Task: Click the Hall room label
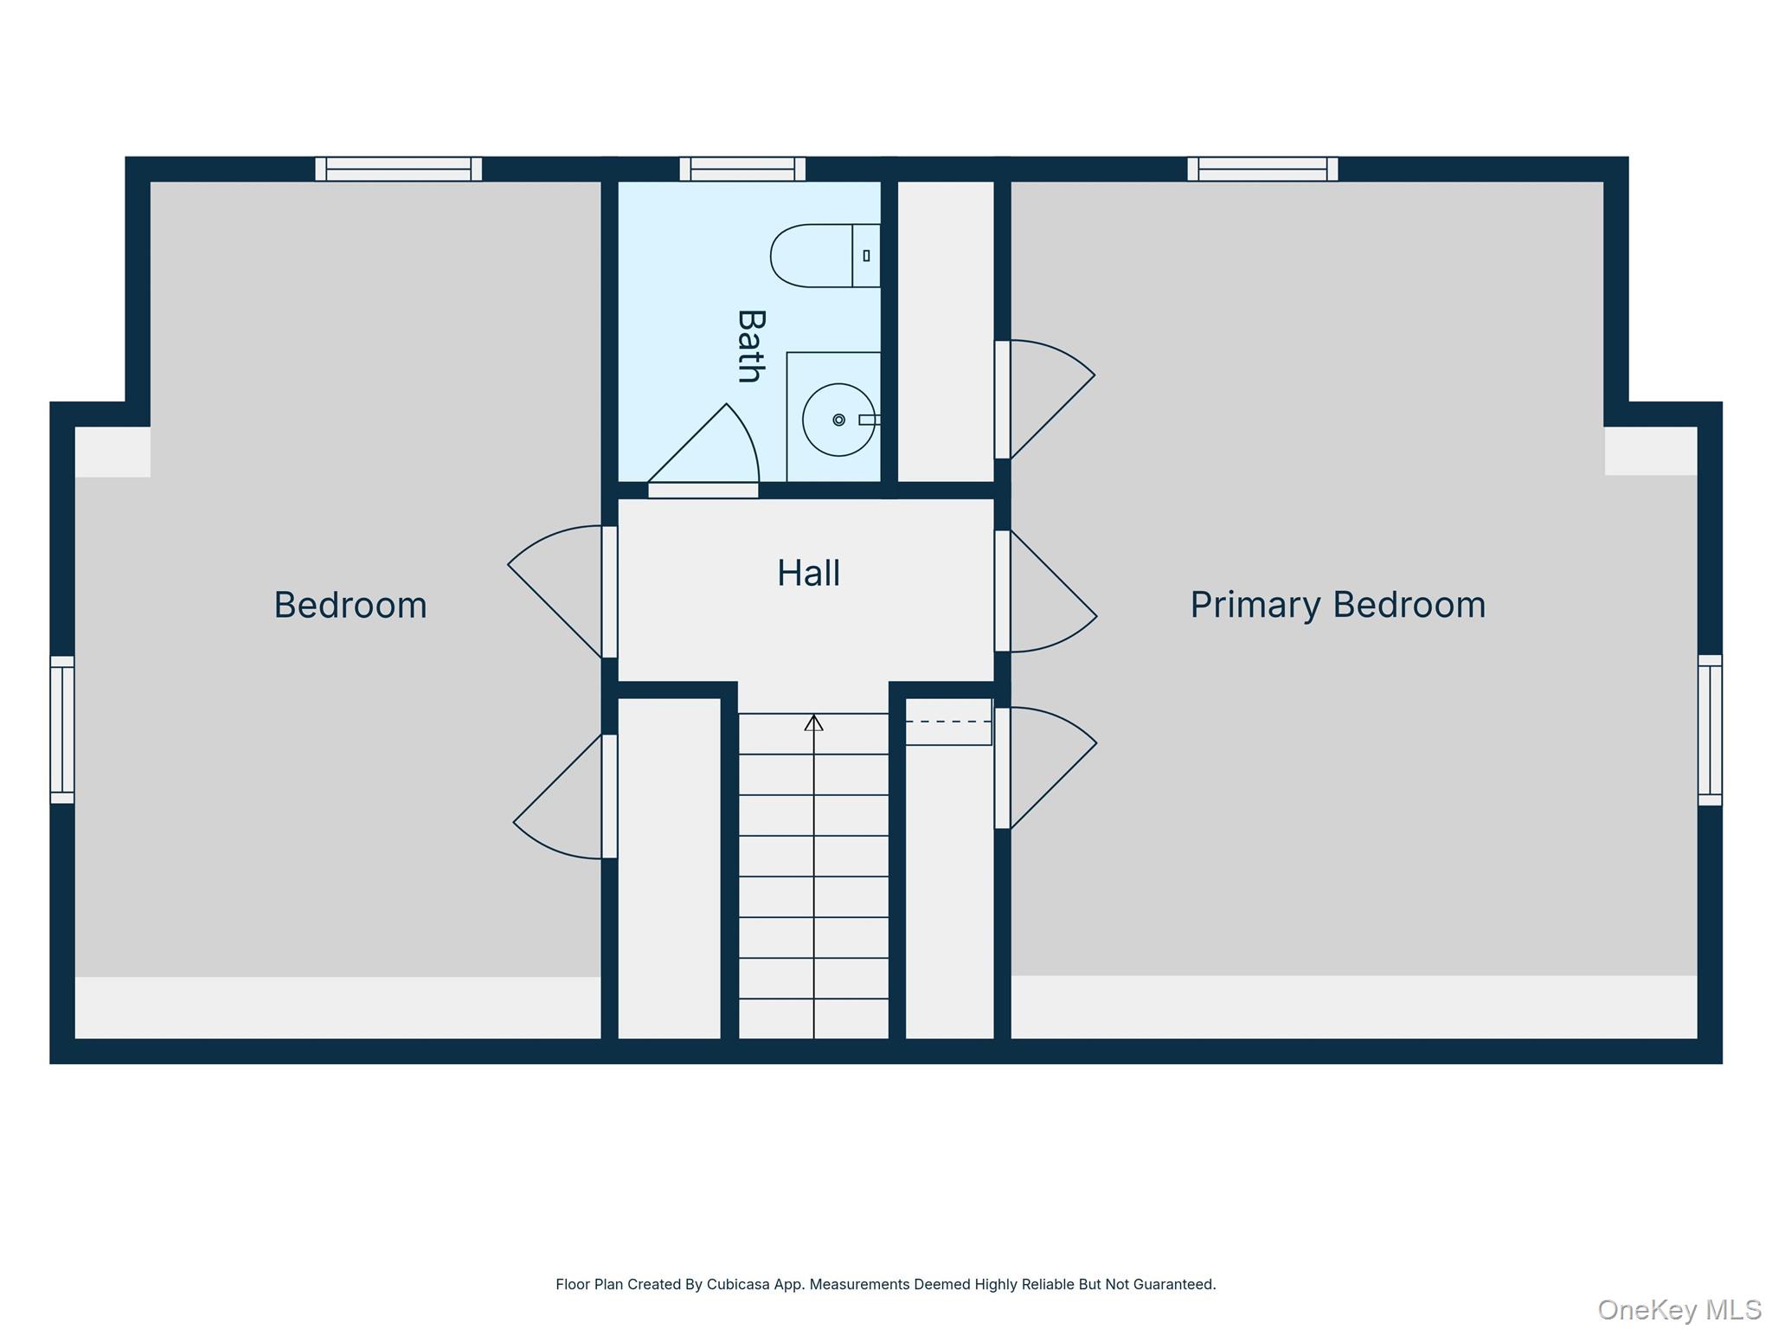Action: (808, 574)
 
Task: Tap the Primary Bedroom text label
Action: (1338, 605)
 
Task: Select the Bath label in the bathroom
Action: (749, 345)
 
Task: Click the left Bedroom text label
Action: (350, 605)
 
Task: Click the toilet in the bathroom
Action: (825, 255)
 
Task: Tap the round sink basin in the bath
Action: (838, 420)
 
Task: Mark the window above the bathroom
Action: (742, 169)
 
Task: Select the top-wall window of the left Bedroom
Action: (398, 169)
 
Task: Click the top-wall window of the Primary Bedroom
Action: (1262, 169)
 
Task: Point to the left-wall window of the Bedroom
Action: (62, 729)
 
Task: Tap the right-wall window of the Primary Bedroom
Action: (1710, 729)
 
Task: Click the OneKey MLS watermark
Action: (1679, 1309)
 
